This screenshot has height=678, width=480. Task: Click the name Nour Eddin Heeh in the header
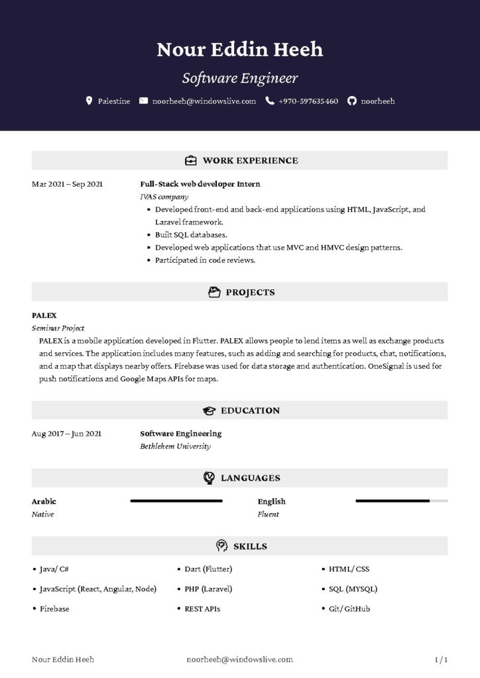click(x=240, y=49)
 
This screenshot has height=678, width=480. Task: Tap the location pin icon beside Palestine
click(x=90, y=101)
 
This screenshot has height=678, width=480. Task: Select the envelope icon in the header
click(x=144, y=101)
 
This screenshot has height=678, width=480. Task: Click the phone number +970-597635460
click(x=308, y=101)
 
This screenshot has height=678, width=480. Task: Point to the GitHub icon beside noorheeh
click(x=352, y=101)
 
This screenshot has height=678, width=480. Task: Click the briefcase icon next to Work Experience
click(x=190, y=160)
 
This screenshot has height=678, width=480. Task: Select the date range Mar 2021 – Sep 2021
click(x=67, y=184)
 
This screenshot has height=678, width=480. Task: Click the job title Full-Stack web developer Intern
click(x=200, y=184)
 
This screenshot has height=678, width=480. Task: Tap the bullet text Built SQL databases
click(x=191, y=234)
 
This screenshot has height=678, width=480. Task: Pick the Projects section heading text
click(x=250, y=292)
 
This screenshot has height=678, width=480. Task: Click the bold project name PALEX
click(x=44, y=315)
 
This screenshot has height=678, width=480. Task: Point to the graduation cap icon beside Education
click(x=210, y=411)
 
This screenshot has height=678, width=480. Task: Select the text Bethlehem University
click(x=175, y=446)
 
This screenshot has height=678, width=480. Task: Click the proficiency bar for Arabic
click(x=176, y=501)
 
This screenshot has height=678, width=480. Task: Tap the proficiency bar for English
click(x=401, y=501)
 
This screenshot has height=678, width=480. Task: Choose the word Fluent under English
click(x=268, y=514)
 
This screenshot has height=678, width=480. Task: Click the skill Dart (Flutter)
click(x=208, y=569)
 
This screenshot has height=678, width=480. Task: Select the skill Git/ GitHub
click(x=349, y=608)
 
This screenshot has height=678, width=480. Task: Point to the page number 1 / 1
click(x=441, y=659)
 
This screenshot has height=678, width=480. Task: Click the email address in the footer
click(x=240, y=659)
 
